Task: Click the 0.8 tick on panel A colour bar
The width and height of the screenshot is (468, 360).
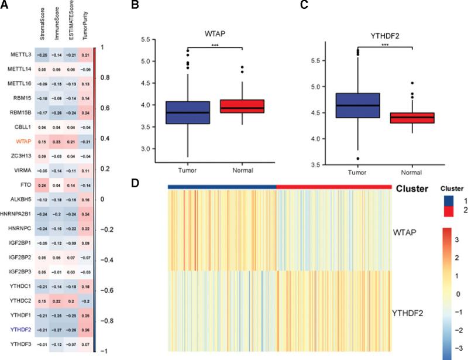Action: click(102, 77)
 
